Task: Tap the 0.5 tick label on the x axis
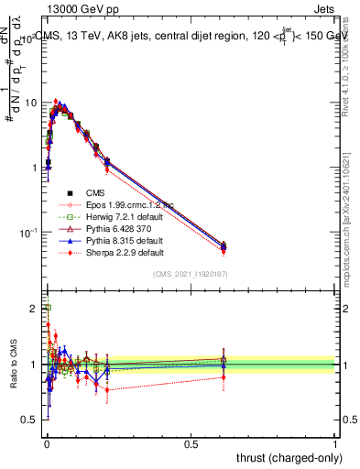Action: coord(191,443)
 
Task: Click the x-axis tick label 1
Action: coord(336,443)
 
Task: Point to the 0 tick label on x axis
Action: coord(46,443)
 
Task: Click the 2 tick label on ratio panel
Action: coord(33,309)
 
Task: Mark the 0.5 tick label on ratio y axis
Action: coord(29,420)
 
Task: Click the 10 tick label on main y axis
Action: coord(30,103)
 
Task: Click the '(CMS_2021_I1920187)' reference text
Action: coord(191,275)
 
